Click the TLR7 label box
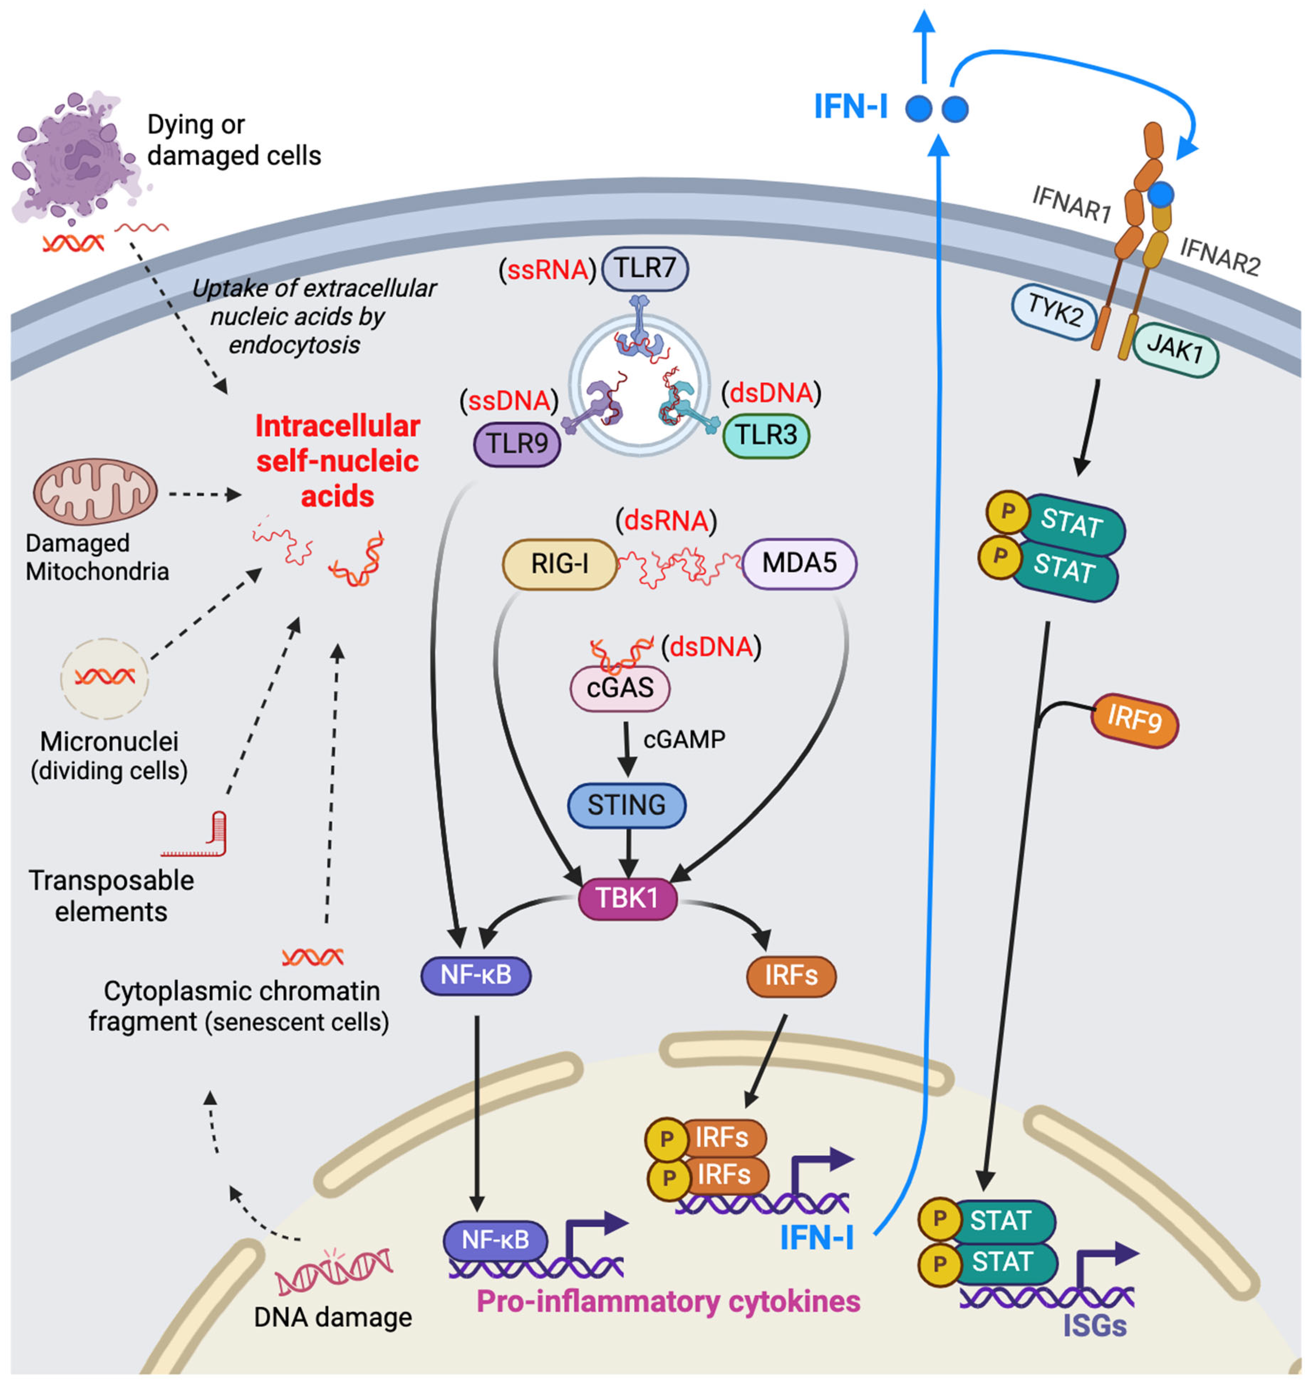[644, 268]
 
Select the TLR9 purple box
[517, 443]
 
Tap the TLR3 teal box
[766, 435]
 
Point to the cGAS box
[620, 688]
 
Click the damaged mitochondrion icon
[95, 491]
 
